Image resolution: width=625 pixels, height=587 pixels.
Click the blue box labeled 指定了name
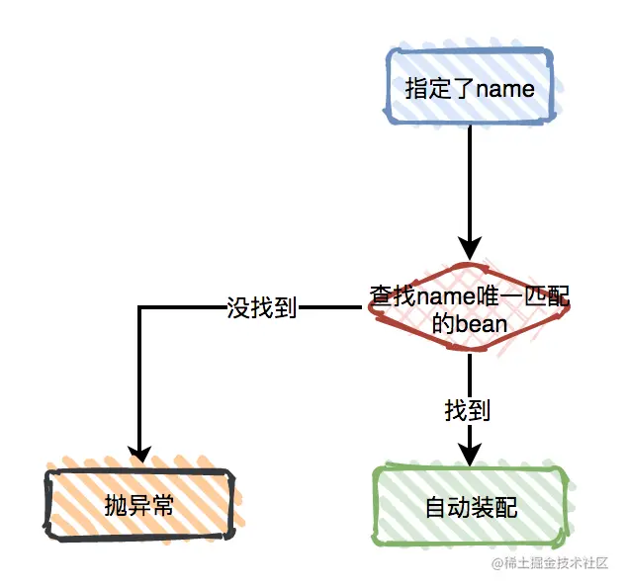(x=469, y=89)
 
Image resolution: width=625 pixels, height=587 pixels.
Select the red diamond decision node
(x=470, y=308)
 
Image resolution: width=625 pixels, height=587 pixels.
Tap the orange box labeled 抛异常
(x=139, y=506)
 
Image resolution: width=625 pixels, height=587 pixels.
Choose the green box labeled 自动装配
(x=471, y=508)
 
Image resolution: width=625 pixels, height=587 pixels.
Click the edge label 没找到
(x=262, y=308)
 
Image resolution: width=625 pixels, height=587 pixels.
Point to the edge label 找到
(x=468, y=410)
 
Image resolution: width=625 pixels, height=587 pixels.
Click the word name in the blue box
(x=505, y=89)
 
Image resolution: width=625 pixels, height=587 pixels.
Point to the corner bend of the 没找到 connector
(x=139, y=308)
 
